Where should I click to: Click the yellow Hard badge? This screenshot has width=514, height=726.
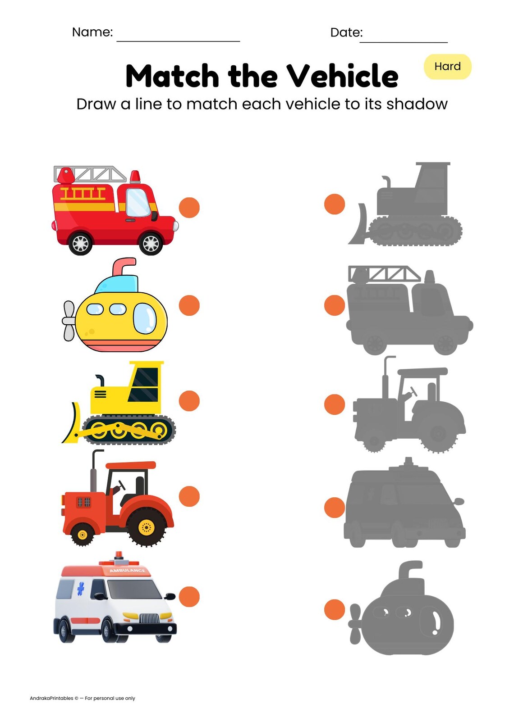pos(447,67)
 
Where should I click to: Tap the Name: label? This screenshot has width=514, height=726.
pos(92,32)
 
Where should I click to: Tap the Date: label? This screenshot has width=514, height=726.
pos(346,32)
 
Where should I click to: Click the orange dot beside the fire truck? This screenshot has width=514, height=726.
pos(189,208)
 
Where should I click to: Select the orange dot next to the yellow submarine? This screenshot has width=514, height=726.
pos(189,305)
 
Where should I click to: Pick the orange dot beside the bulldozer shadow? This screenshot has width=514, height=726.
pos(335,204)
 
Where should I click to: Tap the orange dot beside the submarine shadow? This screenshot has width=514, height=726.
pos(335,609)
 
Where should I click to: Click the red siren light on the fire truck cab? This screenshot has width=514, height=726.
pos(135,176)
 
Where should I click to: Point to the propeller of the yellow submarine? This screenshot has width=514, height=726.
pos(69,321)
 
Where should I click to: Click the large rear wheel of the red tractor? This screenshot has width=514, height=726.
pos(146,527)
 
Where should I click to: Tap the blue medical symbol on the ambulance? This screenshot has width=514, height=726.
pos(81,588)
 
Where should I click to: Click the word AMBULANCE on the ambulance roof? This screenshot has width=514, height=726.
pos(127,570)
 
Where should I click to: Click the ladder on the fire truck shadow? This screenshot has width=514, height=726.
pos(384,273)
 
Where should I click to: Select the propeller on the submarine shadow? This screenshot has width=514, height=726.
pos(355,624)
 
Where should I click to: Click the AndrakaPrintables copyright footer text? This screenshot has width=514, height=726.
pos(83,698)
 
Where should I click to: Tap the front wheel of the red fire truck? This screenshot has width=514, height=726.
pos(151,244)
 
